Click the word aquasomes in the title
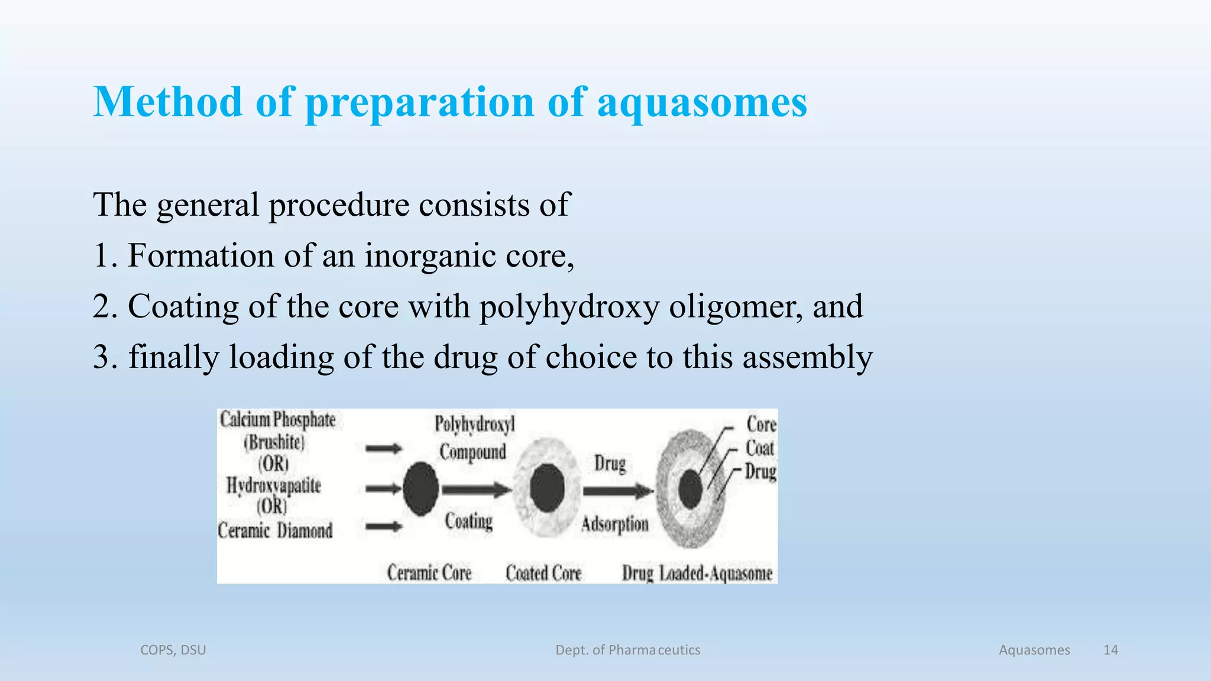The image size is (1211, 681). [x=702, y=102]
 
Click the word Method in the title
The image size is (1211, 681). [x=168, y=102]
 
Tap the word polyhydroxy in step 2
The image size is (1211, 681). [x=569, y=307]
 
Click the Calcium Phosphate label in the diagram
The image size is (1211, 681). [x=277, y=420]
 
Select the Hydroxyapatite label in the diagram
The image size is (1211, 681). [x=274, y=486]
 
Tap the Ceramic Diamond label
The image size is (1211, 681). [x=275, y=530]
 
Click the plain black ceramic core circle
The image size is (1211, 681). [x=421, y=489]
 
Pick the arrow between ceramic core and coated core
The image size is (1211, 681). [x=476, y=489]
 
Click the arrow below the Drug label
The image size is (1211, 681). [x=617, y=491]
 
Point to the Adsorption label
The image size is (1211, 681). [x=615, y=524]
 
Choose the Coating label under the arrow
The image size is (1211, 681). [x=469, y=521]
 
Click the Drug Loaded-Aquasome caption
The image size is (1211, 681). [x=697, y=573]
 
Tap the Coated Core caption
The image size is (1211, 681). [x=543, y=573]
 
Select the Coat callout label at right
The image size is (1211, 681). [x=760, y=448]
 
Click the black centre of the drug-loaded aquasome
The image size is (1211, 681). [x=690, y=489]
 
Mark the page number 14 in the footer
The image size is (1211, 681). [x=1110, y=650]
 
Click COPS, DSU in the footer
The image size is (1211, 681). [x=173, y=650]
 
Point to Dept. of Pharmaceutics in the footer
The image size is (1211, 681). [x=627, y=650]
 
